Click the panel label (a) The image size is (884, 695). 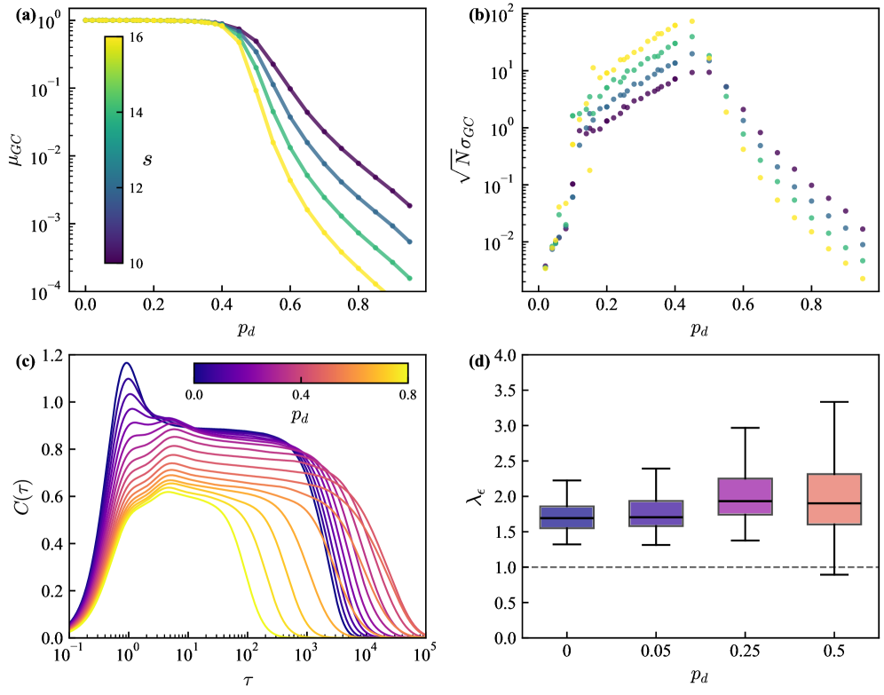[15, 14]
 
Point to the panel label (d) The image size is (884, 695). [478, 360]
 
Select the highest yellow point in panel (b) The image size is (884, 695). [692, 21]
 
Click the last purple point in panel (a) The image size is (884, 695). [409, 205]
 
